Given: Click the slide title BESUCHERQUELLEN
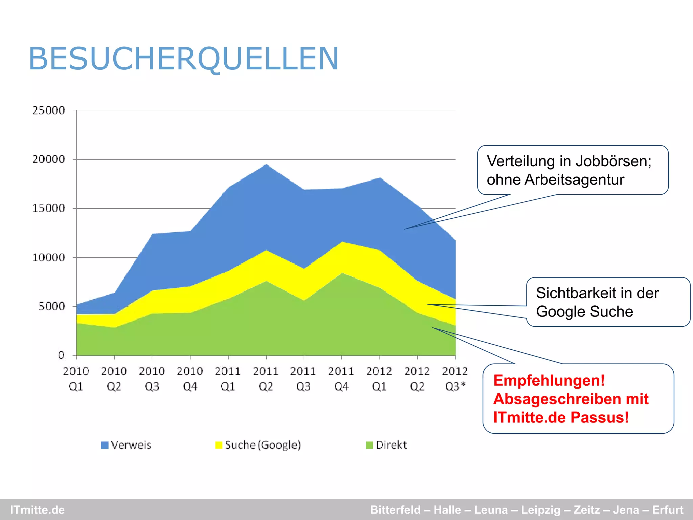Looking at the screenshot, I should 183,59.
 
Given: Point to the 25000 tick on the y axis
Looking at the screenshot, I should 48,110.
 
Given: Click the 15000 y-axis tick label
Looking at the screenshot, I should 48,208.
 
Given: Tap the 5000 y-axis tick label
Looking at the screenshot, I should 51,306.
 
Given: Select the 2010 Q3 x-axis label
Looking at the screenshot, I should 152,379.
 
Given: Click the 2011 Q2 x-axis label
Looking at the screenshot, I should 266,379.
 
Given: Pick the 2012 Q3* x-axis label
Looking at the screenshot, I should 455,379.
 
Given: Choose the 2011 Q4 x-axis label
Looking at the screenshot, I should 341,379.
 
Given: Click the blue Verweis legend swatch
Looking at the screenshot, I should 105,445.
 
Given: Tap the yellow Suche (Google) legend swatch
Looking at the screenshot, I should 219,445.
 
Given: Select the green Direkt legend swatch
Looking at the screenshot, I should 370,445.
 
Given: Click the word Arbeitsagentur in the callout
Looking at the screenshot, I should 574,180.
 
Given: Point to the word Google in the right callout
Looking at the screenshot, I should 559,311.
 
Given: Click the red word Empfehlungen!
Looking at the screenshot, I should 549,380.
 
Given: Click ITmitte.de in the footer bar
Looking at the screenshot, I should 37,510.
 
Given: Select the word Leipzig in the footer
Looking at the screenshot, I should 540,510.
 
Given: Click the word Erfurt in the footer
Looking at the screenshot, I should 668,510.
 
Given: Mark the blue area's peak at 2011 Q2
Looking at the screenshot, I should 267,165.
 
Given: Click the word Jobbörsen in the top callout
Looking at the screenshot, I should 613,161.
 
